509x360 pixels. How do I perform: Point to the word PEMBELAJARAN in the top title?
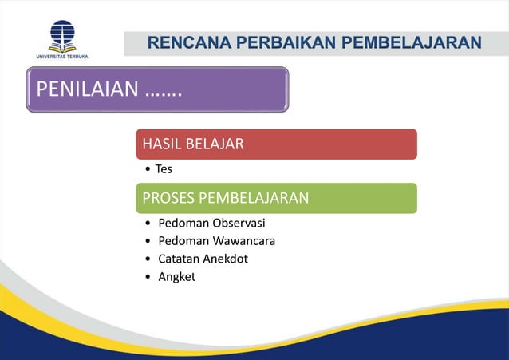coord(412,42)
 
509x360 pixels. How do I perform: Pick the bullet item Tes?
coord(164,169)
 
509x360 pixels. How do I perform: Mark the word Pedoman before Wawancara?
coord(182,240)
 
